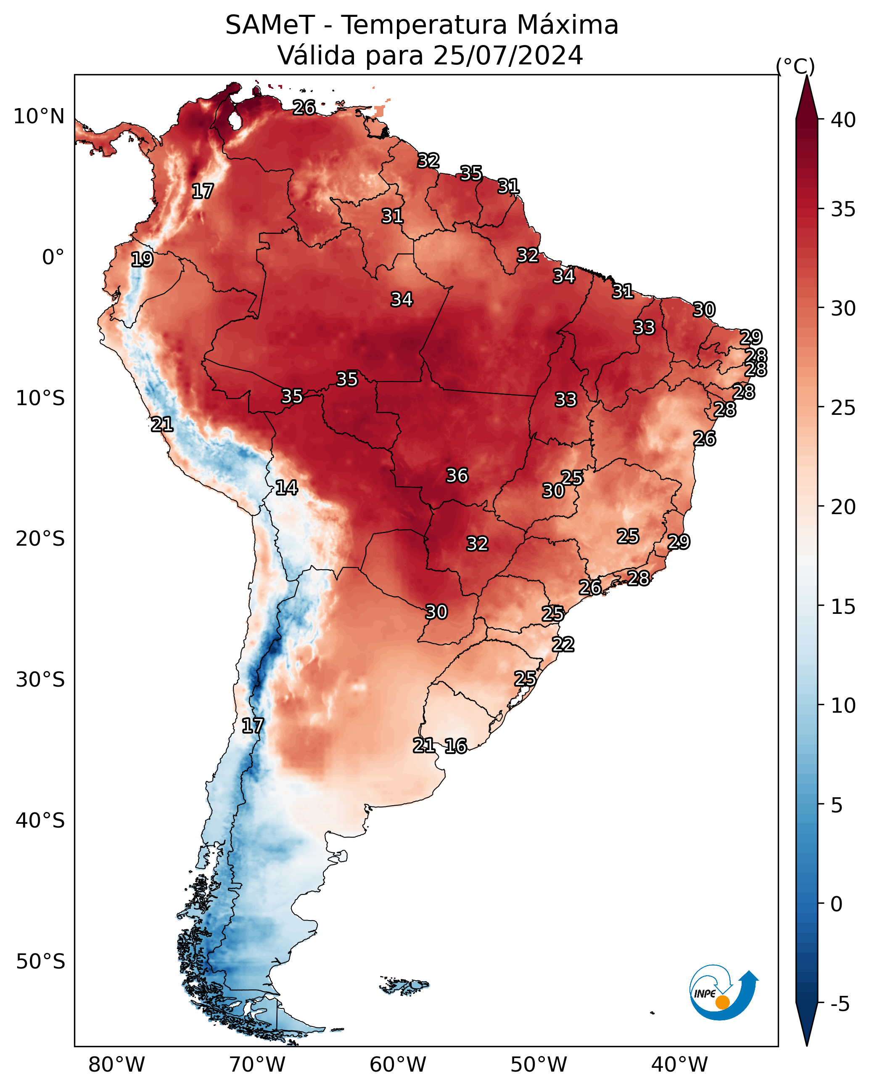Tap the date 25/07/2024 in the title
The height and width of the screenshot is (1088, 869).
508,55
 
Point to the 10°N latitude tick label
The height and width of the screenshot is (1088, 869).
39,117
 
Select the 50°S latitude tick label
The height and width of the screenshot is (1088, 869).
40,962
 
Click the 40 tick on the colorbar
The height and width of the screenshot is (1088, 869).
843,120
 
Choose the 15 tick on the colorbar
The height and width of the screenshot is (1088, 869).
843,607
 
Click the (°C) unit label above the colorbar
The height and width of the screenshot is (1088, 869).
795,66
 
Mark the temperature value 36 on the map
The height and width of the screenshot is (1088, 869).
457,475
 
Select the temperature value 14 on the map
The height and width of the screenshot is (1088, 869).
286,488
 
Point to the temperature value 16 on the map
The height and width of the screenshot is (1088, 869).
455,746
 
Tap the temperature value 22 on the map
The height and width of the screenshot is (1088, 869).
563,645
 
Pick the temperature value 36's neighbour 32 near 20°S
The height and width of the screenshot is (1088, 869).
477,544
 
